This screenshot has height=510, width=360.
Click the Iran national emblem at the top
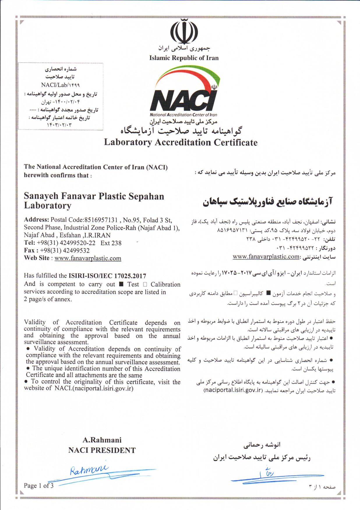pyautogui.click(x=184, y=31)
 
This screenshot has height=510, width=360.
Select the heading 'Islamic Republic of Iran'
pyautogui.click(x=184, y=58)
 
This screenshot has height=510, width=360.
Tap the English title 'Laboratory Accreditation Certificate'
pyautogui.click(x=181, y=143)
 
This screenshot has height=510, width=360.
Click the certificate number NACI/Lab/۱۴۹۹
pyautogui.click(x=60, y=85)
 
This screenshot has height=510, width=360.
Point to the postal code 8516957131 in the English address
pyautogui.click(x=100, y=220)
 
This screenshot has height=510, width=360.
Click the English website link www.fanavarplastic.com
pyautogui.click(x=88, y=258)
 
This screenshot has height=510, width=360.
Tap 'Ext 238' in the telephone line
pyautogui.click(x=111, y=243)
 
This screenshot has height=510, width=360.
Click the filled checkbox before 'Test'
pyautogui.click(x=121, y=284)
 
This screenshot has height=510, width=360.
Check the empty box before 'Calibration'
pyautogui.click(x=145, y=284)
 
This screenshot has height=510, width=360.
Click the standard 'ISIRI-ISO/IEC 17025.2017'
pyautogui.click(x=107, y=276)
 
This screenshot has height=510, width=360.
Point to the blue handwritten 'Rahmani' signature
pyautogui.click(x=89, y=469)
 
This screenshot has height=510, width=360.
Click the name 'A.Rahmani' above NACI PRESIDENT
pyautogui.click(x=102, y=440)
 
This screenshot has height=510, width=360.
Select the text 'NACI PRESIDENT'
pyautogui.click(x=102, y=450)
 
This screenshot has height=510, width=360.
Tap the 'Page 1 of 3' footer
pyautogui.click(x=39, y=486)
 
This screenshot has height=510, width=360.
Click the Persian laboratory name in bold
pyautogui.click(x=267, y=201)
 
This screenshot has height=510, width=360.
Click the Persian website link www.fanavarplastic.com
pyautogui.click(x=266, y=256)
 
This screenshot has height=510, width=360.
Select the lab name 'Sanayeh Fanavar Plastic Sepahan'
pyautogui.click(x=94, y=196)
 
